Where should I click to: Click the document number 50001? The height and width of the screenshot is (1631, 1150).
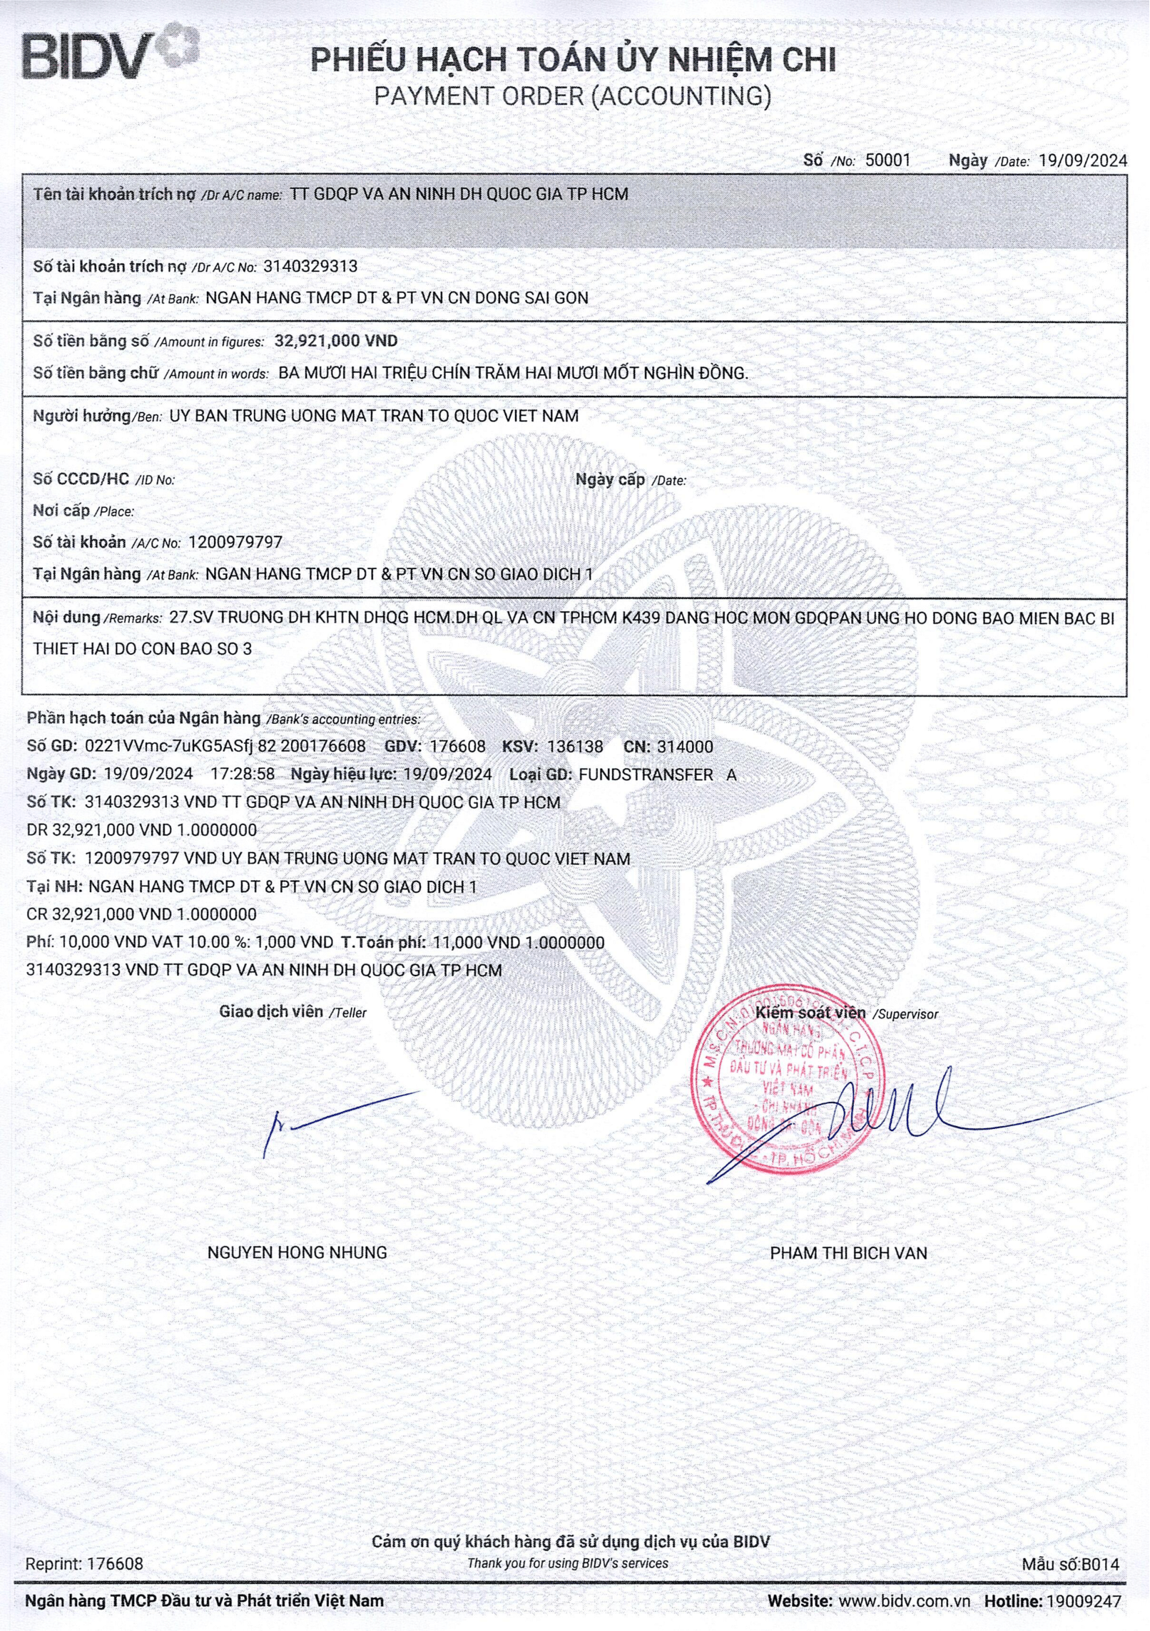click(887, 160)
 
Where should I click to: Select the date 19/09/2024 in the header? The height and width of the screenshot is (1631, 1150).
click(1083, 160)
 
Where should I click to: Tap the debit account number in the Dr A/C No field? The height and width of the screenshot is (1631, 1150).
click(310, 267)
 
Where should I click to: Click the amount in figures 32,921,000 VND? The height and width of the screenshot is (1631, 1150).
click(336, 341)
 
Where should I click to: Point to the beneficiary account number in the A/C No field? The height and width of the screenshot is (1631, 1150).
click(235, 542)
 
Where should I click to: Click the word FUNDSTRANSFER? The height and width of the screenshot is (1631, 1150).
click(646, 774)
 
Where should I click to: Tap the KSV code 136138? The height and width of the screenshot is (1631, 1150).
click(574, 747)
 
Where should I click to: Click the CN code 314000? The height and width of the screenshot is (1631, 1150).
click(684, 747)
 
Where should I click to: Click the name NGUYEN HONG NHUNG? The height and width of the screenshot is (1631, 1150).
click(297, 1253)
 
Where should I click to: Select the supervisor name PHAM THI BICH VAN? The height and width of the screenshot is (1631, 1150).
click(848, 1253)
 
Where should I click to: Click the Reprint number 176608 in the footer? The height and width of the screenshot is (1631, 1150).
click(115, 1564)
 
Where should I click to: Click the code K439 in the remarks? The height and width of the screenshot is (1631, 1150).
click(641, 618)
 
